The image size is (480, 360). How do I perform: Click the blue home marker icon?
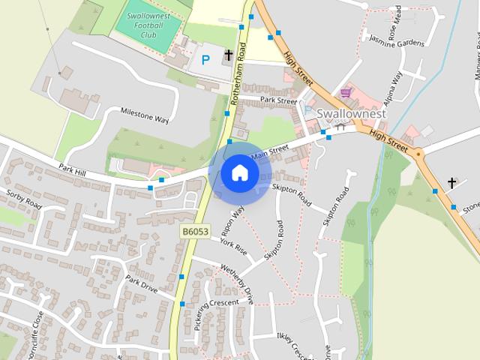pyautogui.click(x=240, y=172)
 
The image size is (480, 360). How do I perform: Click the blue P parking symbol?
pyautogui.click(x=205, y=59)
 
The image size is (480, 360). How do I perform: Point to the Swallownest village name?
pyautogui.click(x=351, y=114)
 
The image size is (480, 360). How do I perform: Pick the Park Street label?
pyautogui.click(x=278, y=100)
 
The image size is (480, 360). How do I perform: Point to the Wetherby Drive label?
pyautogui.click(x=239, y=282)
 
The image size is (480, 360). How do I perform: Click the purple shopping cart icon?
pyautogui.click(x=345, y=93)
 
